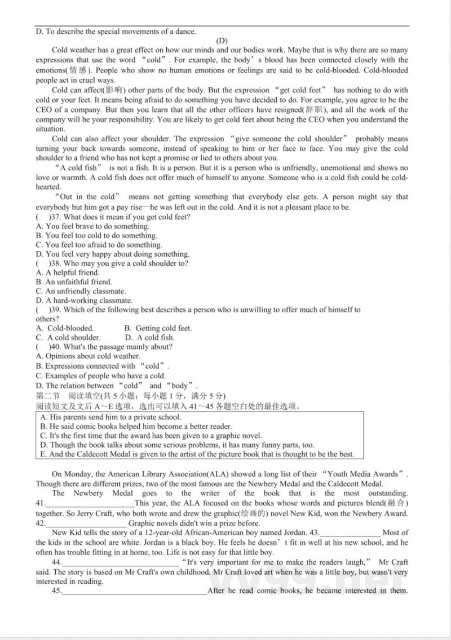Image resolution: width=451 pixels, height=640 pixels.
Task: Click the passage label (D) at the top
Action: pyautogui.click(x=222, y=41)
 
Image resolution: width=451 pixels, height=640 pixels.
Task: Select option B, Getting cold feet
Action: pyautogui.click(x=158, y=328)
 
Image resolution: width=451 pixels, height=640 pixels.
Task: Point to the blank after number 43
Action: pyautogui.click(x=350, y=533)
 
